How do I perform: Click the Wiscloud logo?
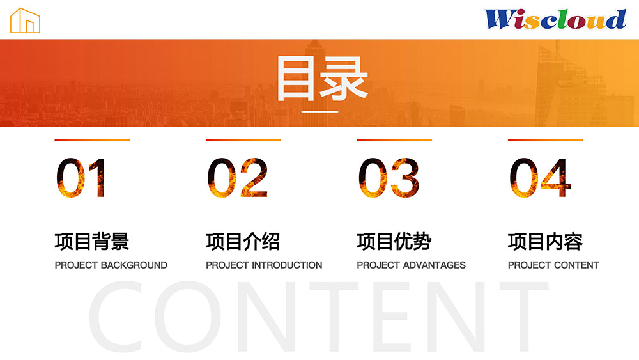pos(555,19)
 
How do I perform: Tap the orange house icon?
pos(26,20)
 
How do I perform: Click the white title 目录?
pos(322,79)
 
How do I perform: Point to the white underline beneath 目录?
pos(320,111)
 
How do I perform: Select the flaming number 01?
pos(81,178)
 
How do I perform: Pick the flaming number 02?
pos(238,178)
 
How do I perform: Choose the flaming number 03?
pos(389,178)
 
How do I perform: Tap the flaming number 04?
pos(541,178)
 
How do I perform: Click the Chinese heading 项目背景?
pos(92,241)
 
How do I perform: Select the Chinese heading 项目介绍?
pos(243,241)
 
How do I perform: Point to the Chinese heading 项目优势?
pos(394,241)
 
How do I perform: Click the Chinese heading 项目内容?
pos(545,241)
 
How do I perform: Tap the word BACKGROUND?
pos(134,265)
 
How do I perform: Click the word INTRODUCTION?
pos(287,265)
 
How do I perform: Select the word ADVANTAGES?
pos(434,265)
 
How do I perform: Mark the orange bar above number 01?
pos(92,140)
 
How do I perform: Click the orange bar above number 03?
pos(394,140)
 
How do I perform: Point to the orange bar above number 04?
pos(545,140)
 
